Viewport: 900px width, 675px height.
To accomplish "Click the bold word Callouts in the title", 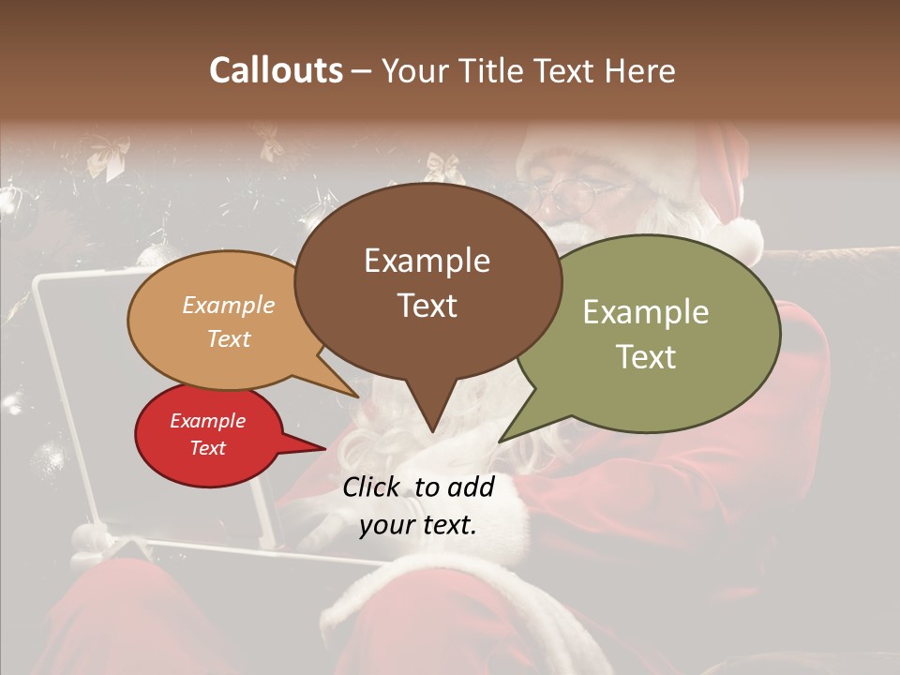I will (276, 70).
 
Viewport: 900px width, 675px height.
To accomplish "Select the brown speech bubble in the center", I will (427, 234).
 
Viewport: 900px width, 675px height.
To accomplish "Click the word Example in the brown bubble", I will (427, 261).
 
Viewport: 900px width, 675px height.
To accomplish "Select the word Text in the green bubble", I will (647, 357).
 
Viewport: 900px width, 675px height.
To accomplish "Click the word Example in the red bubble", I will (207, 421).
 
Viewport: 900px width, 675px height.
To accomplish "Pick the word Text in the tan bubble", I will (229, 338).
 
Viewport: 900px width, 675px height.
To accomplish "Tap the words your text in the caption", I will (418, 526).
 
